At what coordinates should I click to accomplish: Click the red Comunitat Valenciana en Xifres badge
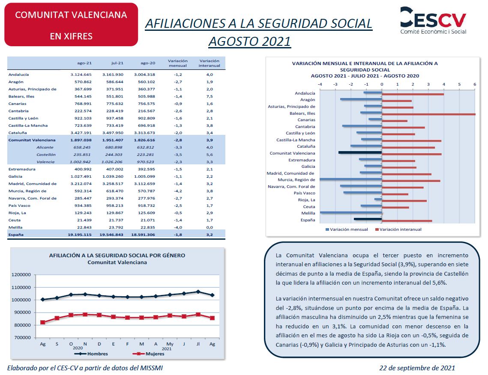click(71, 25)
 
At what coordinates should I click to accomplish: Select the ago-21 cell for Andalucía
click(81, 74)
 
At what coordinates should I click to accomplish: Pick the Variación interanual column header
click(210, 63)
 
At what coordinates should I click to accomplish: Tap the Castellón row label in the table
click(46, 155)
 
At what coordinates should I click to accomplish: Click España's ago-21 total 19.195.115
click(80, 235)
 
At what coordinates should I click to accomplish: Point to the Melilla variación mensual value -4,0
click(178, 227)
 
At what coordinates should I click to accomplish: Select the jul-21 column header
click(117, 63)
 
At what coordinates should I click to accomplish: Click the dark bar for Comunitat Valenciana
click(360, 152)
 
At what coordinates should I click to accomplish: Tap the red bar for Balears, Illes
click(428, 114)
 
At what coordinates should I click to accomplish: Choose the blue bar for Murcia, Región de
click(351, 179)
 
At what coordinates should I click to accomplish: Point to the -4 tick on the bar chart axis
click(320, 84)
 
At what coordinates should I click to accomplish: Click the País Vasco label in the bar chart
click(304, 193)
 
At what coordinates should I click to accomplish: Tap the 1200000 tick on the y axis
click(21, 274)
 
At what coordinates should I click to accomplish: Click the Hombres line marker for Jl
click(198, 292)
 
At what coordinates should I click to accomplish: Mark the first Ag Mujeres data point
click(43, 322)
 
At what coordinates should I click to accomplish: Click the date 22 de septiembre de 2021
click(417, 368)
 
